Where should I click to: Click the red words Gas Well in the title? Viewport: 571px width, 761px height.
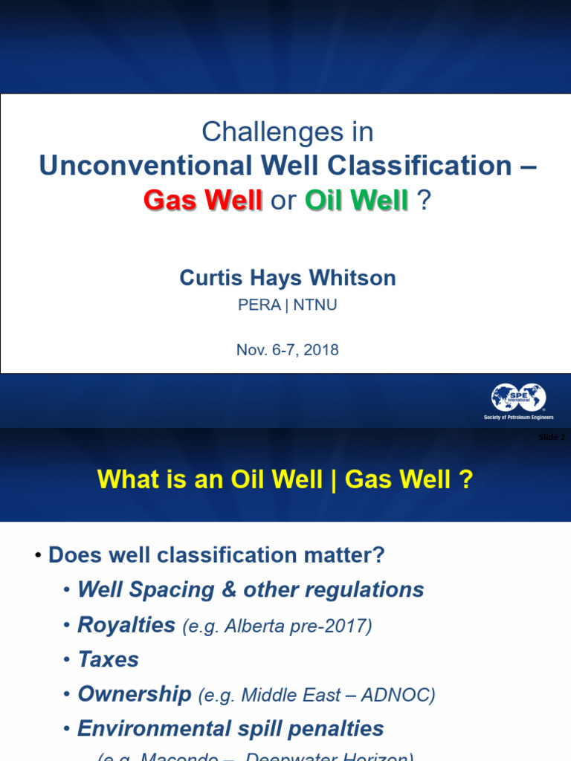202,200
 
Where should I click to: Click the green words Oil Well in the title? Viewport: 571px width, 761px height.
357,200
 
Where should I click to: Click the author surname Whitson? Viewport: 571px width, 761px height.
353,278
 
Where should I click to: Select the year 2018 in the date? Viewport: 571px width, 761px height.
321,349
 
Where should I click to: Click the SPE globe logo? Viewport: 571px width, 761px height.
518,398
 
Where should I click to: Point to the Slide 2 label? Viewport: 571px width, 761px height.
551,437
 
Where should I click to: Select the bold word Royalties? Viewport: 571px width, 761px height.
126,625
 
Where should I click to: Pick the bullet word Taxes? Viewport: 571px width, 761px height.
108,659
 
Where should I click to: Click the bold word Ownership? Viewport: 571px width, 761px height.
134,694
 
